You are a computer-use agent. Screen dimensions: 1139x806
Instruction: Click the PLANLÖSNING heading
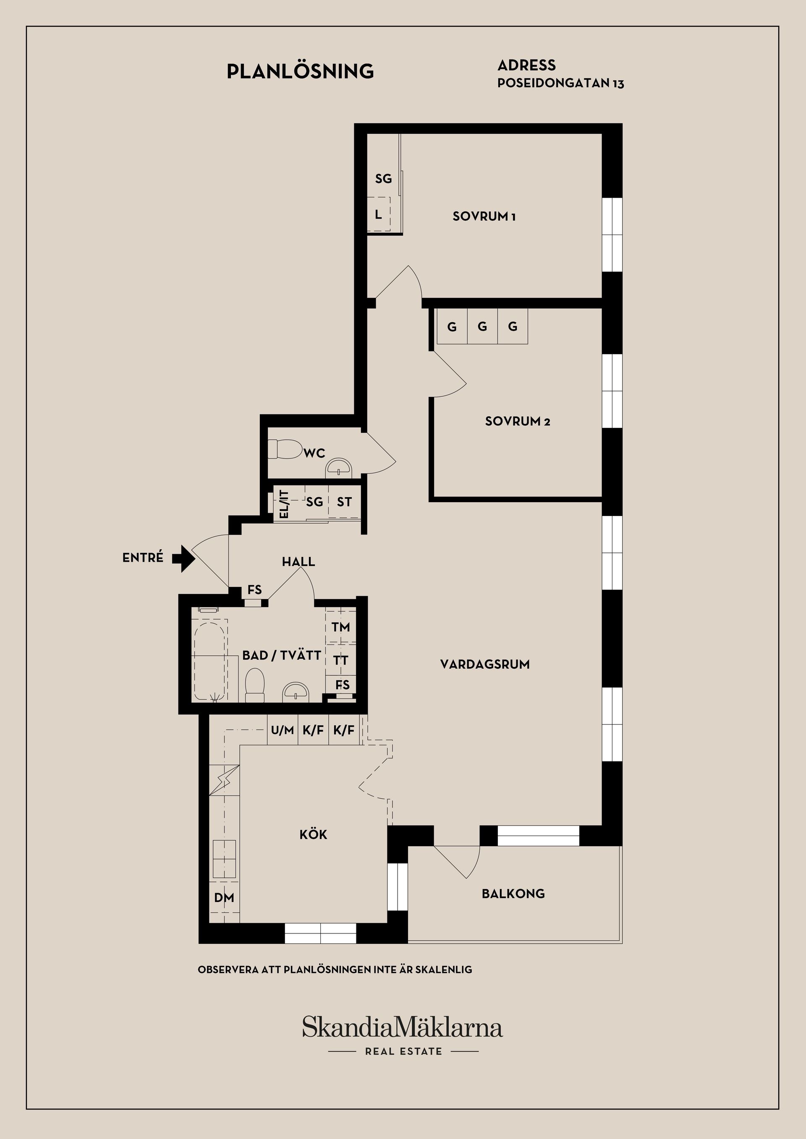300,71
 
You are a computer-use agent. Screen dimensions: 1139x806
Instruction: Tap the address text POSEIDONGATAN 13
560,83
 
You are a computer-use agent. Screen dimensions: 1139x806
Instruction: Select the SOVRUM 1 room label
484,216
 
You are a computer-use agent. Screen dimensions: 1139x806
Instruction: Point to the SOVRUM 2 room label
518,422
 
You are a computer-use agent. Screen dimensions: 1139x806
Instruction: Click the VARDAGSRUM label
485,664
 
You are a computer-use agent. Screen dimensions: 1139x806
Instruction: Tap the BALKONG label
513,894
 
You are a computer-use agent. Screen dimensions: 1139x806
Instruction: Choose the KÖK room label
313,835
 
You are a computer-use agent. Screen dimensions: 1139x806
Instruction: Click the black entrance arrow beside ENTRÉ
183,558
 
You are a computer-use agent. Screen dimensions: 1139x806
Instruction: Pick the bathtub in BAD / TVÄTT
210,662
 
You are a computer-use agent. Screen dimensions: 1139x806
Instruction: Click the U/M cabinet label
283,730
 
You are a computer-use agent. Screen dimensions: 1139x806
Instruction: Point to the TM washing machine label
341,627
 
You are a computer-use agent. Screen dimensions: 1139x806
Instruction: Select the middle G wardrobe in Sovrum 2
482,326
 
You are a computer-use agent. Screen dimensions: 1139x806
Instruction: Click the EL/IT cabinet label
284,504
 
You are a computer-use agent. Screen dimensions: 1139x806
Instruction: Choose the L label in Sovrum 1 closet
378,214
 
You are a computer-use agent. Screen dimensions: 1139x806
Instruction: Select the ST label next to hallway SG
344,502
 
